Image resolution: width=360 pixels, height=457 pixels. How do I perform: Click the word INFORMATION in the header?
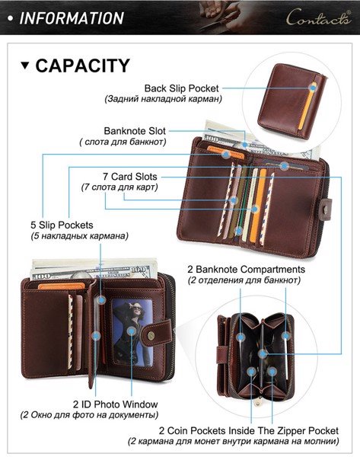point(72,18)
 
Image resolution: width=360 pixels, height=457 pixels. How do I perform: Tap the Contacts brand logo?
point(319,17)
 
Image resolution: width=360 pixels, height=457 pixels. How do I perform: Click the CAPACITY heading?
point(82,66)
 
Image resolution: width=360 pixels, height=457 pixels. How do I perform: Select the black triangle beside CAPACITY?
point(25,66)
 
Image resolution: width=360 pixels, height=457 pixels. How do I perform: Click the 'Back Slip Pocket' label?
point(181,88)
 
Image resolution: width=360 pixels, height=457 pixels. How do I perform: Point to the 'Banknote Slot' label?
point(135,131)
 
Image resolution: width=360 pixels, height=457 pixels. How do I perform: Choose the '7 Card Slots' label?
point(130,177)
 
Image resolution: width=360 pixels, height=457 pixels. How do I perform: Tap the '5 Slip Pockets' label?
point(62,225)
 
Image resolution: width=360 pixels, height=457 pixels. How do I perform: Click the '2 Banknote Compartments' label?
point(246,270)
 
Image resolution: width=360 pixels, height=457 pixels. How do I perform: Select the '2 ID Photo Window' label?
point(116,404)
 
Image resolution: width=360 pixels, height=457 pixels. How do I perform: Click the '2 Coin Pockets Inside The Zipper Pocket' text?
point(248,430)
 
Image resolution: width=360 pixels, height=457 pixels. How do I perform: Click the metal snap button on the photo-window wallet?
point(151,336)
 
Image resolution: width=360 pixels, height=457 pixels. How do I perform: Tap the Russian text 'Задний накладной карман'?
point(164,99)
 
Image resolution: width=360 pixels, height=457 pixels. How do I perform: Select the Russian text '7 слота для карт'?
point(119,187)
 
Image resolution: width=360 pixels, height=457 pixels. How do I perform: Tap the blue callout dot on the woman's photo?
point(132,331)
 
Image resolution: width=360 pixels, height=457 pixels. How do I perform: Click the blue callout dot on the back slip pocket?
point(313,88)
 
